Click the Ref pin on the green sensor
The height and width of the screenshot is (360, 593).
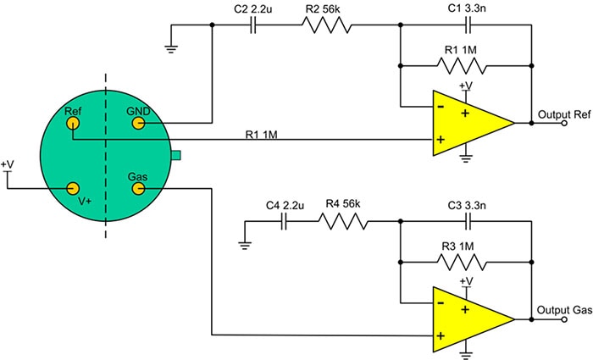[x=73, y=123]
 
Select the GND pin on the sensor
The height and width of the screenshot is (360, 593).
[x=137, y=124]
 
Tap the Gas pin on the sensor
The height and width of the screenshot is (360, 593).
[x=136, y=188]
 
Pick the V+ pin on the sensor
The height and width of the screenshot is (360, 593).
[x=73, y=188]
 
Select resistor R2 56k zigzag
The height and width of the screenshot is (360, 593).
[x=325, y=25]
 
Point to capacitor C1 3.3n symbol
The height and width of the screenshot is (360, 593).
[x=464, y=25]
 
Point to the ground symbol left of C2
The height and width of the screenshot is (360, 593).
[x=172, y=46]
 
